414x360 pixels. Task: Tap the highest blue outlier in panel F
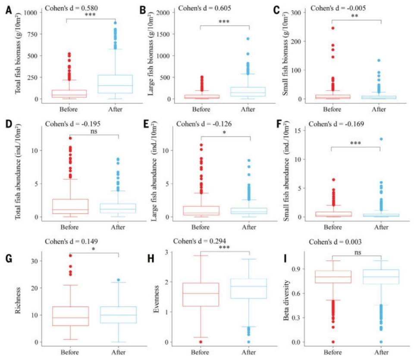coord(381,139)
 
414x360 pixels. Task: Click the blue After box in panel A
coord(115,84)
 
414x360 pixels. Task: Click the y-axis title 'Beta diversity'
coord(287,295)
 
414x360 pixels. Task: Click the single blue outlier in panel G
coord(119,280)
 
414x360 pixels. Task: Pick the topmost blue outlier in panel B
coord(248,39)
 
